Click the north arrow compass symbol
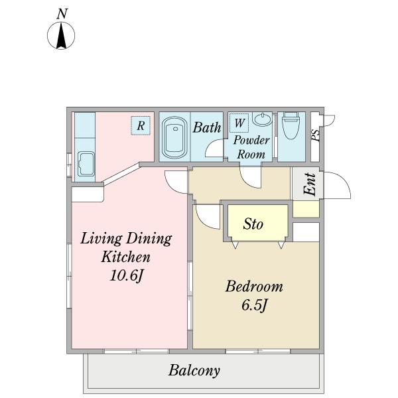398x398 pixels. pyautogui.click(x=61, y=35)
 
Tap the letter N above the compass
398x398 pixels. pyautogui.click(x=62, y=14)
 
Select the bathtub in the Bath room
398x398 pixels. pyautogui.click(x=174, y=137)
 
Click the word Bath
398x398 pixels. pyautogui.click(x=206, y=127)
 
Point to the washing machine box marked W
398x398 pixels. pyautogui.click(x=239, y=123)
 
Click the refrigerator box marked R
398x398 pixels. pyautogui.click(x=141, y=125)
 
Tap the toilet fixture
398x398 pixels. pyautogui.click(x=291, y=125)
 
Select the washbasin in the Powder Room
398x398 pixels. pyautogui.click(x=263, y=119)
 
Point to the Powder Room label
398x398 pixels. pyautogui.click(x=251, y=147)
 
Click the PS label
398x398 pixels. pyautogui.click(x=315, y=135)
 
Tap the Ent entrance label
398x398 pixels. pyautogui.click(x=310, y=184)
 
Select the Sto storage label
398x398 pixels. pyautogui.click(x=253, y=224)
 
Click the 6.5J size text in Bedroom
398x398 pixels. pyautogui.click(x=254, y=305)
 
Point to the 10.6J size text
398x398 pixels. pyautogui.click(x=126, y=275)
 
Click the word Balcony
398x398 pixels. pyautogui.click(x=194, y=371)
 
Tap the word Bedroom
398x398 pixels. pyautogui.click(x=254, y=287)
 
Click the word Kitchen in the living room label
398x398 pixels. pyautogui.click(x=126, y=257)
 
